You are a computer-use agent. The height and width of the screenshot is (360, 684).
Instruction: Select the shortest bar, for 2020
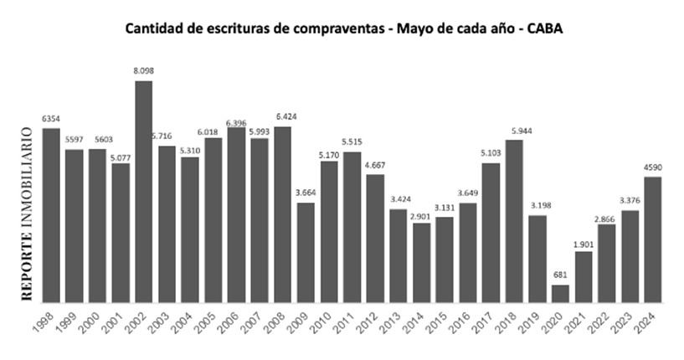click(x=560, y=293)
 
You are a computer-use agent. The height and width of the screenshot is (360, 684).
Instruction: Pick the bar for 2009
click(x=306, y=251)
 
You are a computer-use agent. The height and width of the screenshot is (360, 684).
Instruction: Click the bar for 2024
click(x=653, y=239)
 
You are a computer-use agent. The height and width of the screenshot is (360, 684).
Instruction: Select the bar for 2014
click(x=421, y=262)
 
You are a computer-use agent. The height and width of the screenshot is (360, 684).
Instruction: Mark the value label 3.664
click(x=306, y=194)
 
